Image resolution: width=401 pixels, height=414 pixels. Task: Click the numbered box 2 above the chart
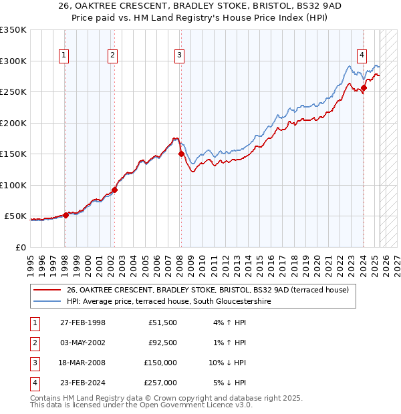[112, 55]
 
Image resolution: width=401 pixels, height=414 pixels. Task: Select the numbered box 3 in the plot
[180, 55]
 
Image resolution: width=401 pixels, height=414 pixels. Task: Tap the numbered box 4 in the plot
[362, 55]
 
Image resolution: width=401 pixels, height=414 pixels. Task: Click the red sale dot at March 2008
[181, 154]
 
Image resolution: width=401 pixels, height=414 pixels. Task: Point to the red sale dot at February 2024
[364, 87]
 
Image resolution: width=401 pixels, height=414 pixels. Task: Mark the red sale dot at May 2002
[114, 190]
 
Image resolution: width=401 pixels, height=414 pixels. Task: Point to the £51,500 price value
[162, 323]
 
